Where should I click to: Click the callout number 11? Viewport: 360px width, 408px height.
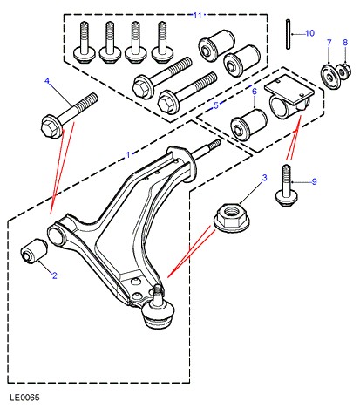(197, 15)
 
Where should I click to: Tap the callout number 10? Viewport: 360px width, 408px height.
(309, 33)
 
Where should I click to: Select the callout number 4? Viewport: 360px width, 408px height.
(47, 81)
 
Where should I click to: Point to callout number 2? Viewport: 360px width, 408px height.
(55, 275)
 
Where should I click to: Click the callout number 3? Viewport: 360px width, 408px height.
(264, 178)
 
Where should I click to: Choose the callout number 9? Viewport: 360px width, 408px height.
(314, 181)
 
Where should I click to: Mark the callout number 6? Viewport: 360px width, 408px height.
(255, 92)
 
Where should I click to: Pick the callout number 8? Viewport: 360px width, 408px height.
(345, 43)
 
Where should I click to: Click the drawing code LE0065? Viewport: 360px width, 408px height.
(24, 398)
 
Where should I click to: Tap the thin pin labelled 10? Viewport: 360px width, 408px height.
(288, 34)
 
